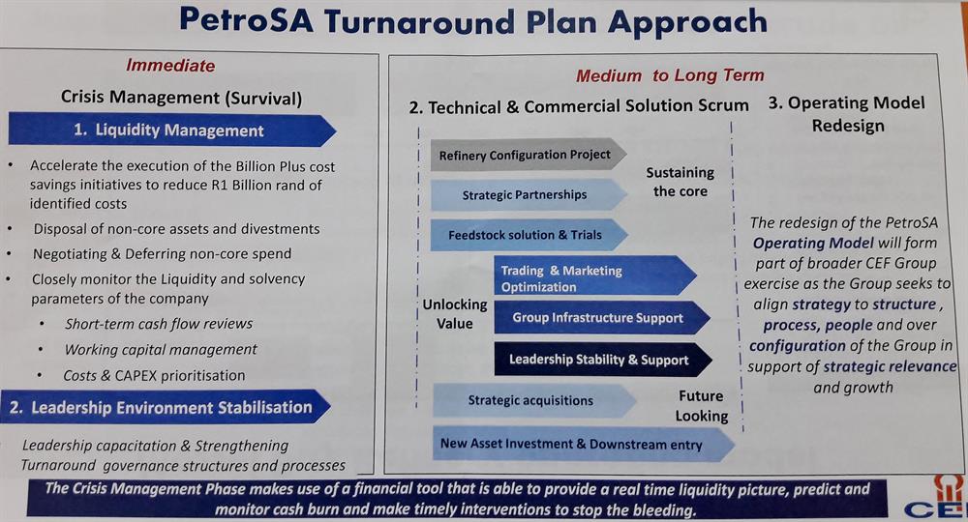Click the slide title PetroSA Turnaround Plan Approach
coord(473,21)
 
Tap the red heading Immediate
coord(170,66)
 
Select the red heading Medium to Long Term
coord(670,75)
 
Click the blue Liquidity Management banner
coord(171,130)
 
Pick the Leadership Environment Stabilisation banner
coord(166,407)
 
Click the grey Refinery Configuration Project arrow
coord(529,155)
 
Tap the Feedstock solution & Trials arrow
coord(529,235)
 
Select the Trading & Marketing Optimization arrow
coord(595,278)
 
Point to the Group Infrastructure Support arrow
coord(602,318)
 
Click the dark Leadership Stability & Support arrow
coord(603,360)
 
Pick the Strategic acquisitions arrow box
coord(534,400)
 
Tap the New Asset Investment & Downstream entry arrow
coord(584,444)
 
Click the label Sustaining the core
coord(680,182)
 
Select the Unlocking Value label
coord(454,314)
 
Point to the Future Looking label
coord(701,406)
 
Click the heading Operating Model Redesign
coord(847,114)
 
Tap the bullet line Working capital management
coord(161,349)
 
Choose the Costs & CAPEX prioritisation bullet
coord(154,375)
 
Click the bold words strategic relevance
coord(890,366)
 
